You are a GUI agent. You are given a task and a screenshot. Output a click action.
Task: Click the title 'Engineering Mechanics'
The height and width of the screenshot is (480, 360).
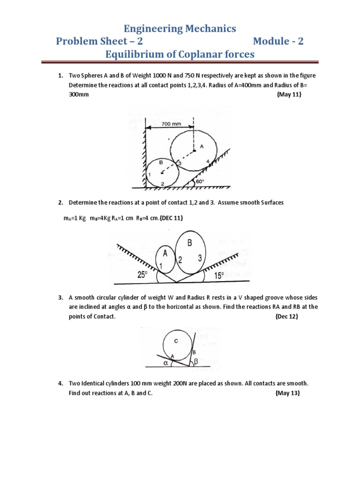point(180,29)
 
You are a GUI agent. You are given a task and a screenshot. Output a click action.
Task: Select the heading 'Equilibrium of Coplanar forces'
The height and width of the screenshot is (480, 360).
point(180,55)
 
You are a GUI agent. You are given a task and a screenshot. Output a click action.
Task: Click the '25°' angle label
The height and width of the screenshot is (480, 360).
point(142,275)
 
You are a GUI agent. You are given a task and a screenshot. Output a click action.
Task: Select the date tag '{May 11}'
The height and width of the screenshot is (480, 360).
point(289,94)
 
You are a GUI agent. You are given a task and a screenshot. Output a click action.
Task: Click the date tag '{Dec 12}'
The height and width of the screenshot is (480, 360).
point(286,316)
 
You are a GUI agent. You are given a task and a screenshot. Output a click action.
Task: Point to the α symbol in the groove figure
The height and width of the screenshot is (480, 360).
point(165,362)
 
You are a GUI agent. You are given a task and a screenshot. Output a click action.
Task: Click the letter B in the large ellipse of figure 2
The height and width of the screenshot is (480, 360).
point(190,243)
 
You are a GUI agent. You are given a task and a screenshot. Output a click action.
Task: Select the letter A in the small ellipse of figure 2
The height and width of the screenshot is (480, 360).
point(165,253)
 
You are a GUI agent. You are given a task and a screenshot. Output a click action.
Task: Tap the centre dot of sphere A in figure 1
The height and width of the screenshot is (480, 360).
point(194,150)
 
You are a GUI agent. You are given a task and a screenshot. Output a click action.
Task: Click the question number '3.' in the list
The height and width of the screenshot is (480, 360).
point(61,298)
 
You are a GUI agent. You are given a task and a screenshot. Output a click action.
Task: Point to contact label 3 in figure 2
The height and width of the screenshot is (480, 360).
point(200,257)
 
